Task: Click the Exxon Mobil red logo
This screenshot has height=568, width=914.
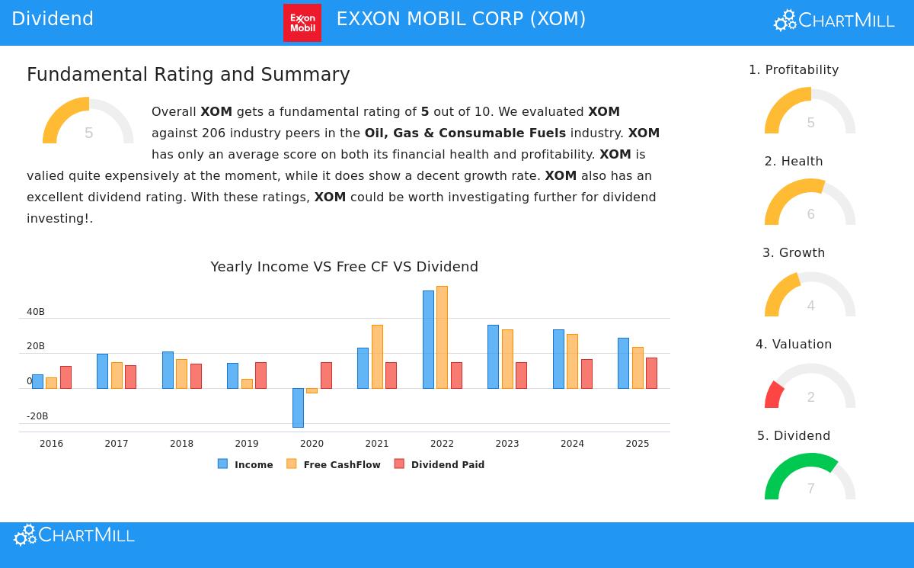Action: (x=302, y=23)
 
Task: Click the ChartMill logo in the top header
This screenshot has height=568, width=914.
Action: (x=834, y=21)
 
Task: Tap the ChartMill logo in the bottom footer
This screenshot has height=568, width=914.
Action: (x=74, y=535)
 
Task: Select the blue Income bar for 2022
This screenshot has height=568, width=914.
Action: (x=428, y=339)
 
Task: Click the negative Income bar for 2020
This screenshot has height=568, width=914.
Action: (x=298, y=407)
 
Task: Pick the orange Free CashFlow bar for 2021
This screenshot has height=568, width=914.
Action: (x=377, y=356)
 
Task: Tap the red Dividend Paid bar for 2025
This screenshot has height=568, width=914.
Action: (x=651, y=373)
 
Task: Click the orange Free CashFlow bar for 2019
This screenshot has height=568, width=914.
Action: (x=247, y=383)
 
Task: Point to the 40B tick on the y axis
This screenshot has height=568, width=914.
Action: (x=36, y=312)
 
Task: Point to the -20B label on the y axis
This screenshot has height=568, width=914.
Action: (x=37, y=416)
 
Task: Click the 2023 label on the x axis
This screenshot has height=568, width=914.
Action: (x=507, y=444)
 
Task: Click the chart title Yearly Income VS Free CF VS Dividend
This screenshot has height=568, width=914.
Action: (x=344, y=267)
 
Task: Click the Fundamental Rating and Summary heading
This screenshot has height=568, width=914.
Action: (x=188, y=75)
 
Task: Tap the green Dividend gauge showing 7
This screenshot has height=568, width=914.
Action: (x=810, y=477)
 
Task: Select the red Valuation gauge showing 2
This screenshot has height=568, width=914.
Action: (x=810, y=385)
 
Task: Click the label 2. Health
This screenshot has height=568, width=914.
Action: (x=794, y=162)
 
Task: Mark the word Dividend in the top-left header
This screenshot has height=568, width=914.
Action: (x=53, y=19)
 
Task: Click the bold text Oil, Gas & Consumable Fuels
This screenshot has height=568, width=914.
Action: (x=465, y=133)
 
